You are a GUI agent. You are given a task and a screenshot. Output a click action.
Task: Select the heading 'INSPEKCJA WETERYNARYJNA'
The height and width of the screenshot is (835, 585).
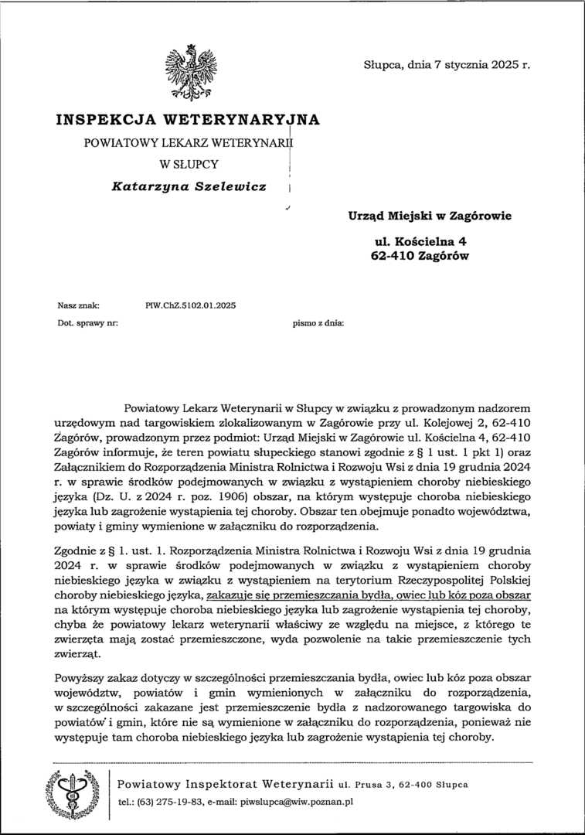[x=188, y=120]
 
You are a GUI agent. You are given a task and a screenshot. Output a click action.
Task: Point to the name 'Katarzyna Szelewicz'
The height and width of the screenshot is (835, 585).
[x=188, y=186]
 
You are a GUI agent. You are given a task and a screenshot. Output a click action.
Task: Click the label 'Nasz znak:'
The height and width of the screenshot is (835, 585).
[x=79, y=305]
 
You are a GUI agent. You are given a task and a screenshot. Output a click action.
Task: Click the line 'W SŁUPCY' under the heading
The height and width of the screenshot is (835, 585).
[x=189, y=164]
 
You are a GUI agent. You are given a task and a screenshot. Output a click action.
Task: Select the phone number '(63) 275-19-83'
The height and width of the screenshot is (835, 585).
[x=163, y=803]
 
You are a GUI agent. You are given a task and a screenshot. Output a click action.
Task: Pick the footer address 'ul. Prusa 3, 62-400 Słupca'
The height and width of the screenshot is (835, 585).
[x=403, y=785]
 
